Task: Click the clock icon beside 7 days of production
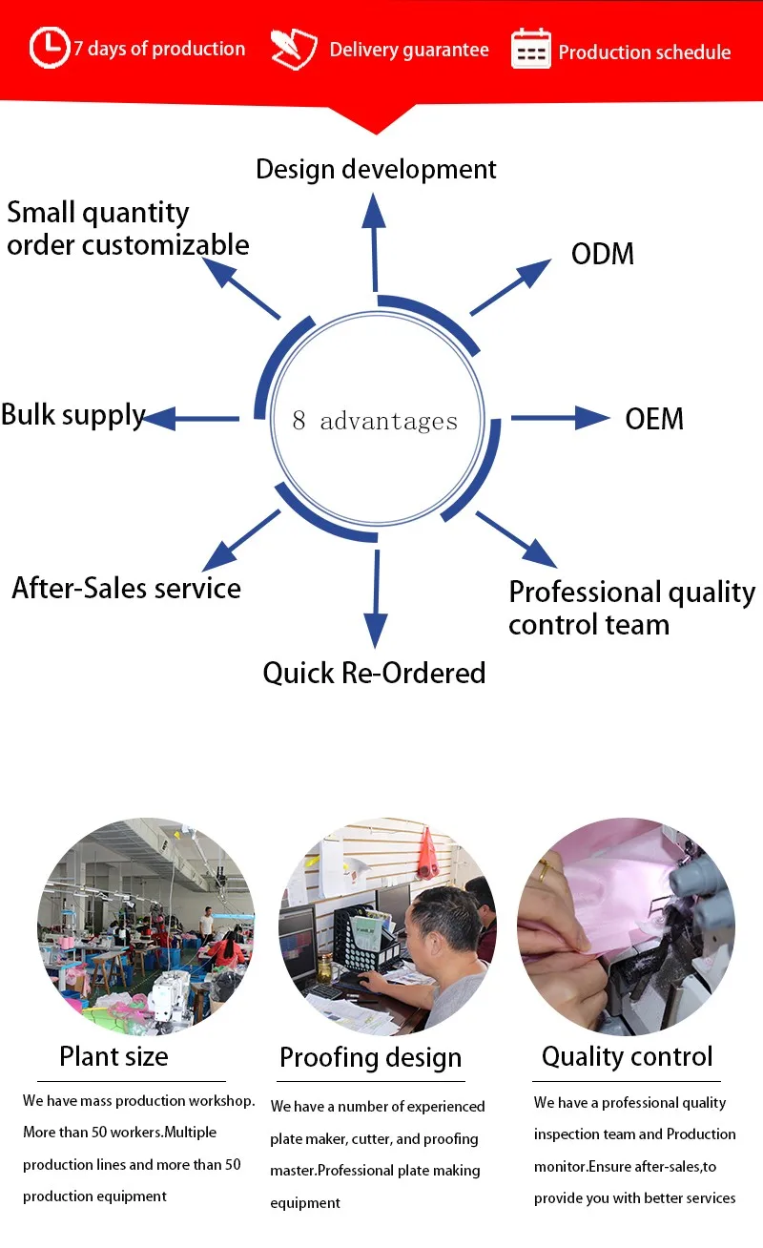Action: [x=49, y=48]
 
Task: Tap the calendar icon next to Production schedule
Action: [x=531, y=49]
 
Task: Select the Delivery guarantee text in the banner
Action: [x=408, y=50]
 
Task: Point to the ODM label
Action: [x=602, y=254]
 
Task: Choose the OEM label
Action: [x=654, y=419]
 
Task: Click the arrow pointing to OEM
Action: [x=560, y=417]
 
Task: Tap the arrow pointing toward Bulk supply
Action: [x=192, y=417]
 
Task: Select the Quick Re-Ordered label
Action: [x=374, y=673]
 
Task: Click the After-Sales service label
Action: [x=126, y=588]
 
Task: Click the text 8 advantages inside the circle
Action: [x=374, y=421]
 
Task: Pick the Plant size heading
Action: [x=113, y=1056]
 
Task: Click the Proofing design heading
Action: [x=370, y=1057]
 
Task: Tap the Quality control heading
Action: [x=627, y=1056]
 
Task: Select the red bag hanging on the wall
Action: [x=428, y=852]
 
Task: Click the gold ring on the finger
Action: [x=543, y=869]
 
